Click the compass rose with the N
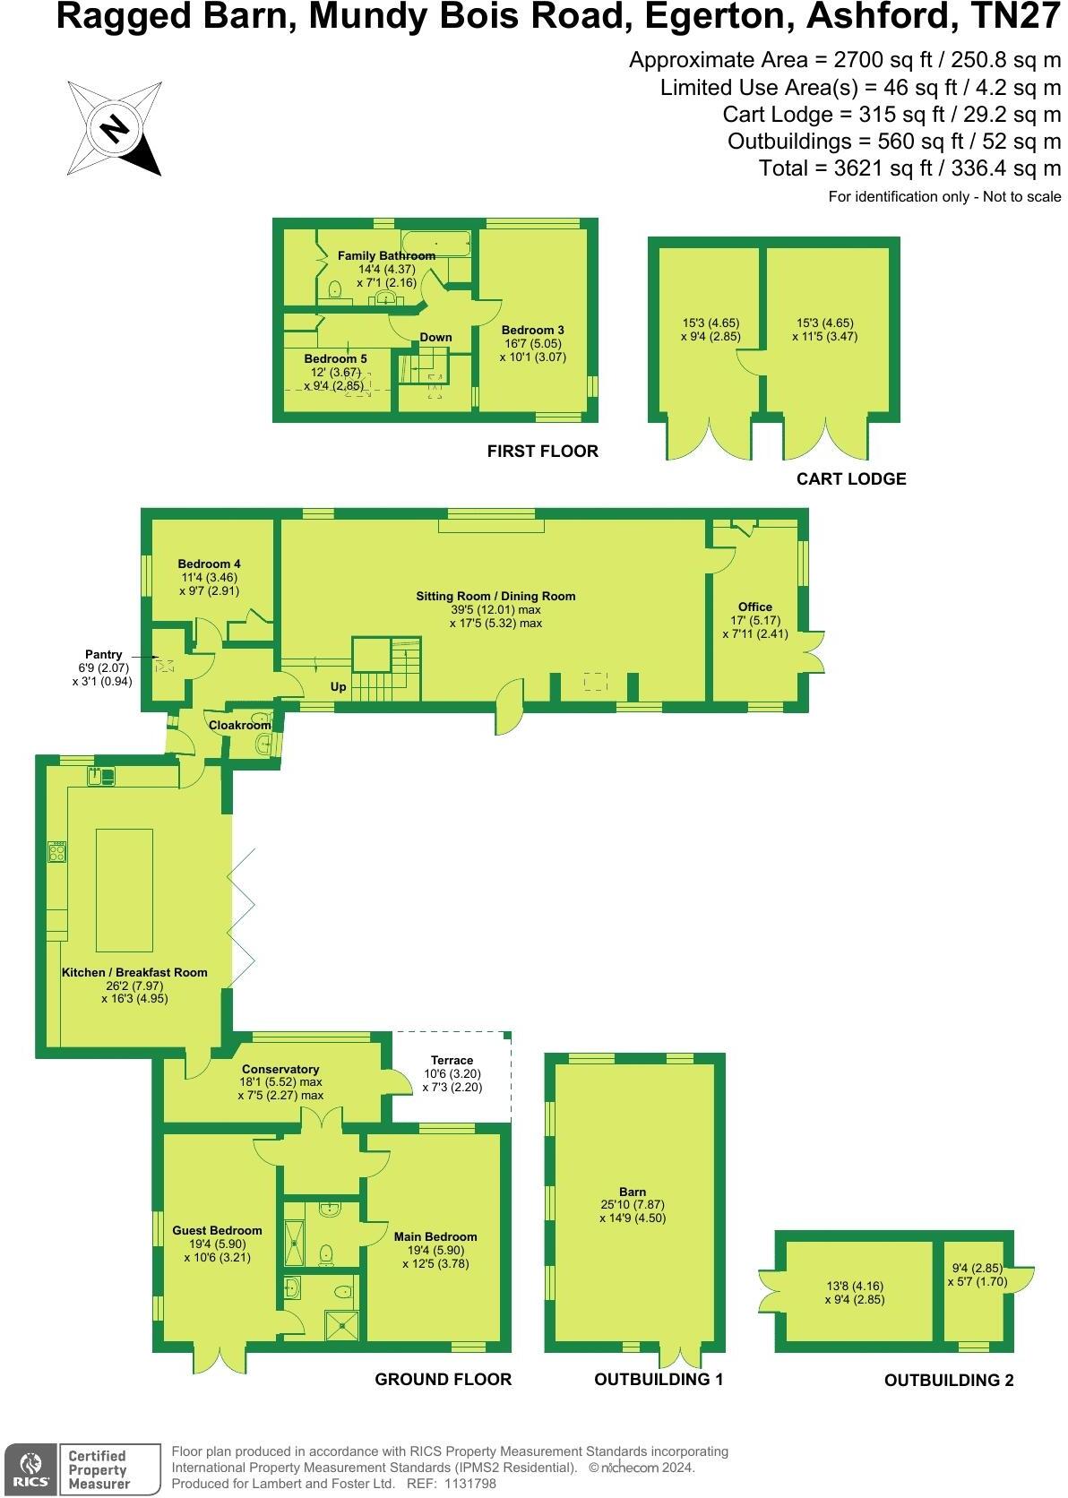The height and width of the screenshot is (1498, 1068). click(x=114, y=128)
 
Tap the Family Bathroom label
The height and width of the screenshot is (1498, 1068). click(x=386, y=255)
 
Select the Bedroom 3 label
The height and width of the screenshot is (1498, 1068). click(x=532, y=330)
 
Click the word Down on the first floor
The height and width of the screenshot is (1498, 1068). click(x=435, y=337)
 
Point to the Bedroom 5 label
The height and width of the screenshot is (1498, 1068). click(x=335, y=358)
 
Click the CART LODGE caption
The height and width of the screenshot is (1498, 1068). click(x=850, y=478)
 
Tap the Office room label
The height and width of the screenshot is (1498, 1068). click(x=754, y=607)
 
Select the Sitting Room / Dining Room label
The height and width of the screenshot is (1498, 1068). click(x=495, y=596)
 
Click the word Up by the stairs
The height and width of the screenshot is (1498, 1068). click(x=339, y=687)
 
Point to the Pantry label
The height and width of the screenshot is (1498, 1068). click(x=103, y=655)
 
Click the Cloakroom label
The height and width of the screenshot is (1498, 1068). click(x=239, y=725)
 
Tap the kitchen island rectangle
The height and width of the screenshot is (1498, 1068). click(x=124, y=890)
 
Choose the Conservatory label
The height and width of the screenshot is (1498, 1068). click(x=280, y=1069)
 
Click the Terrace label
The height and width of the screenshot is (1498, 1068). click(x=452, y=1060)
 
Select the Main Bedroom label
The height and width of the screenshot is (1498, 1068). click(x=435, y=1236)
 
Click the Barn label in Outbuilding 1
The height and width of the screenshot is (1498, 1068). click(x=633, y=1192)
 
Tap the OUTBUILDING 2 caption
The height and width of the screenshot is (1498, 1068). click(x=948, y=1381)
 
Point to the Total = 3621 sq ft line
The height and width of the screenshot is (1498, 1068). click(x=909, y=168)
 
